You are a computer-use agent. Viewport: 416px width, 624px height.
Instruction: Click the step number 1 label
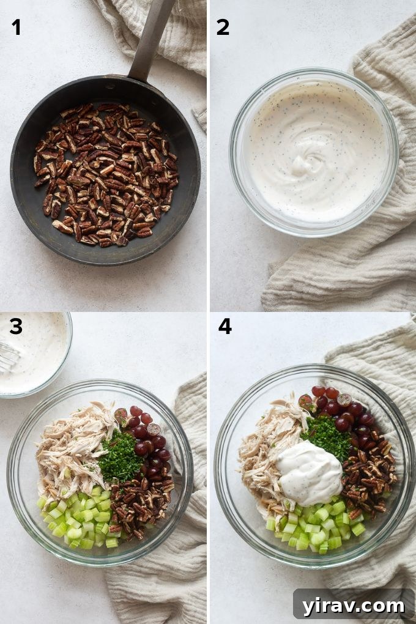[x=16, y=27]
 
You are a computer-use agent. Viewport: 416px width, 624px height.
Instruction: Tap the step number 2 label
[x=223, y=27]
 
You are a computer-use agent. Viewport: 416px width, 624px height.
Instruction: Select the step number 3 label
[x=16, y=326]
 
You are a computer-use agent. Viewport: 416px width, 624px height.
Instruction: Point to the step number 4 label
[x=225, y=326]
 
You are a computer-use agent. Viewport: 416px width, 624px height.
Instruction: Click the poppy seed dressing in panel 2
[x=315, y=150]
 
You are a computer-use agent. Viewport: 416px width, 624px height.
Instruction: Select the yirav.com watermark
[x=354, y=606]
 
